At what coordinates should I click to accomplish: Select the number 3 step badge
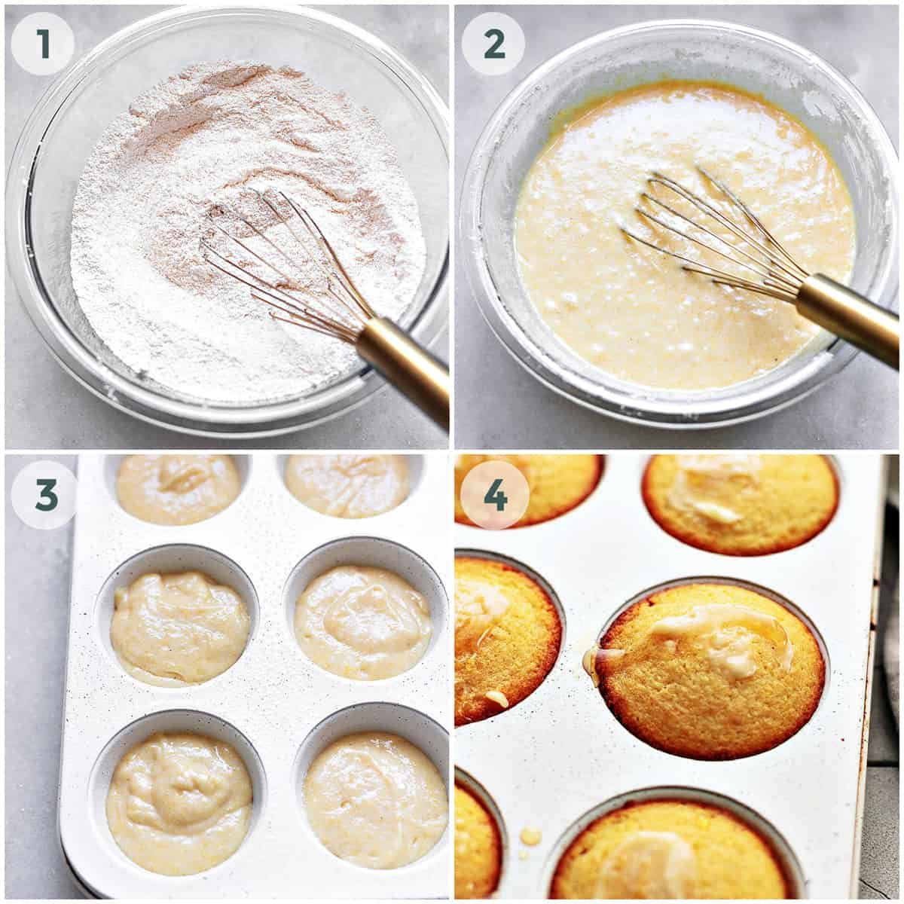[44, 494]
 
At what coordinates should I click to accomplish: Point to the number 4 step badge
[495, 494]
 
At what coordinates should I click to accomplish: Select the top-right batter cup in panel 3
[348, 487]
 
